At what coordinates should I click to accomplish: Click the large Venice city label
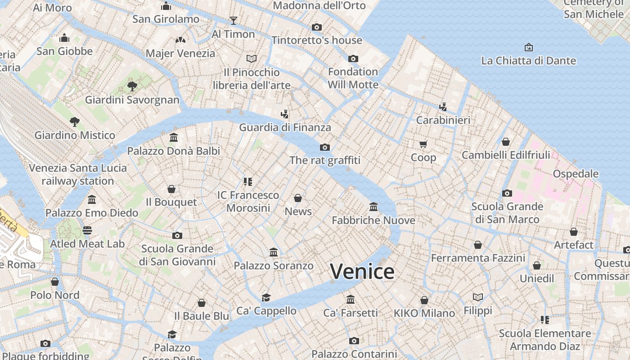(x=362, y=271)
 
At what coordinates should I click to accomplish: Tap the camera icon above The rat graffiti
(x=324, y=147)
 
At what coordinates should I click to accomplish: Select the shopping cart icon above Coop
(x=423, y=144)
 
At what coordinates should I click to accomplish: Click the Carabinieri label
(x=443, y=120)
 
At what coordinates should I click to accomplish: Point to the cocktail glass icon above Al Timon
(x=233, y=20)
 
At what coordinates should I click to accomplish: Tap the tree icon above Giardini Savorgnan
(x=132, y=86)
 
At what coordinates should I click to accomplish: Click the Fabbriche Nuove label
(x=373, y=220)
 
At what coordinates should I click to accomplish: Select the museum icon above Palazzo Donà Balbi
(x=174, y=137)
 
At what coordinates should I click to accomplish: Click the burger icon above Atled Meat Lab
(x=87, y=230)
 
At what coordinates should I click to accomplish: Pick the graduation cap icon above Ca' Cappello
(x=266, y=297)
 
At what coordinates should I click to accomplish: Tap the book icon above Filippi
(x=478, y=297)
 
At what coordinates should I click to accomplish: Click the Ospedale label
(x=576, y=174)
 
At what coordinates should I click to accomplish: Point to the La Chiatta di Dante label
(x=528, y=60)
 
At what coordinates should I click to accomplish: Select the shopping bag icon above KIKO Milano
(x=424, y=300)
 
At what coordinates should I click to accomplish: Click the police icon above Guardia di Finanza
(x=284, y=114)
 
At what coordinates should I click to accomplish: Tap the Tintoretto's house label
(x=316, y=40)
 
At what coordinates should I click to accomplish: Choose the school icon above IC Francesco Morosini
(x=247, y=181)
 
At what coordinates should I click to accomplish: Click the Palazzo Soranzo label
(x=273, y=265)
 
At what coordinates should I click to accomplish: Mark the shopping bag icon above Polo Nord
(x=55, y=282)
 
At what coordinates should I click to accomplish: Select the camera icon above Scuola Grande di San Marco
(x=507, y=193)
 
